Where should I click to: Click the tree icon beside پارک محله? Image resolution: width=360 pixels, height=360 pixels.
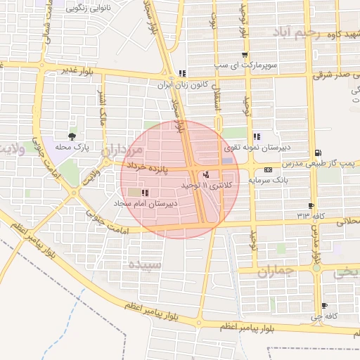(x=72, y=136)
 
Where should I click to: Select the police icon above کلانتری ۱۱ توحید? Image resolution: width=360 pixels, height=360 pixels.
(x=206, y=174)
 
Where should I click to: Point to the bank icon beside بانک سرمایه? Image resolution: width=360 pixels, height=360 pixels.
(x=268, y=169)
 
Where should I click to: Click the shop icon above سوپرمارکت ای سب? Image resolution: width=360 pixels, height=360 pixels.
(x=244, y=56)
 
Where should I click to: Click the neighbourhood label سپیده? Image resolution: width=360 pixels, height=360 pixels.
(x=146, y=265)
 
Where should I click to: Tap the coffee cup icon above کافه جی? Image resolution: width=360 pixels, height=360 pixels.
(x=324, y=306)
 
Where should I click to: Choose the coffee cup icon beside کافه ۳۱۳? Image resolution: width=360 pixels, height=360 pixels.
(x=311, y=205)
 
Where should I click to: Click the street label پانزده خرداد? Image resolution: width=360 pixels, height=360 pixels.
(x=149, y=168)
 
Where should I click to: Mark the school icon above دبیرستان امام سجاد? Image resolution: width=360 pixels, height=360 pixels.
(x=145, y=193)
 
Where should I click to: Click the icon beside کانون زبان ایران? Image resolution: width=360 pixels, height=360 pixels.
(x=183, y=73)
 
